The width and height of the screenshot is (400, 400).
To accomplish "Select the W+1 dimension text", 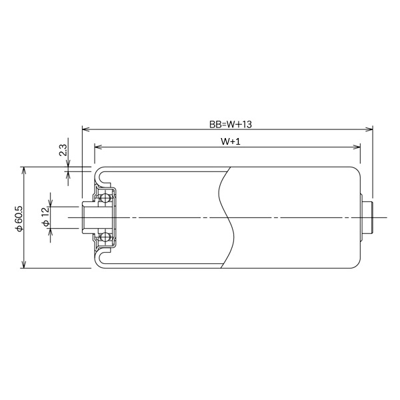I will [x=230, y=142].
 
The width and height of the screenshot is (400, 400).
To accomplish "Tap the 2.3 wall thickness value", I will [x=63, y=150].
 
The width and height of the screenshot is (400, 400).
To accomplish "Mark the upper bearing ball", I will [x=104, y=198].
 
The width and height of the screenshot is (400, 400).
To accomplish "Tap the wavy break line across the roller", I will [x=227, y=218].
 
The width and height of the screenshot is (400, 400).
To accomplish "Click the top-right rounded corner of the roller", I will [x=357, y=170].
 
